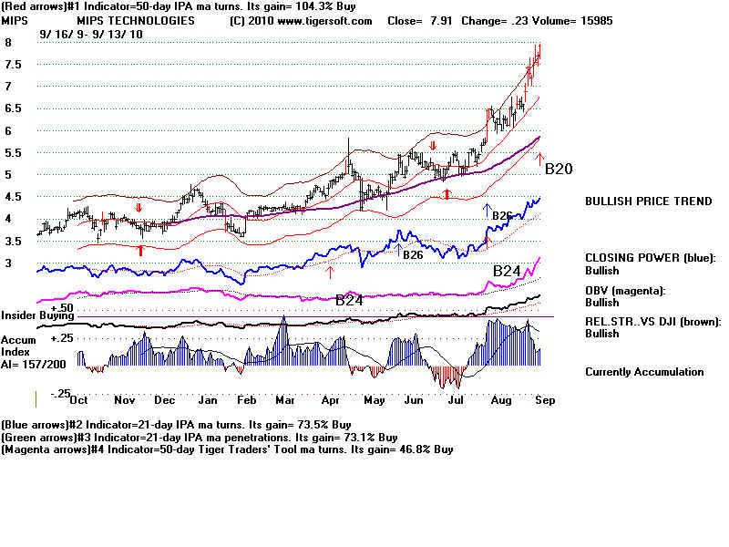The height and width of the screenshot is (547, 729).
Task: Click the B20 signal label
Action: tap(558, 169)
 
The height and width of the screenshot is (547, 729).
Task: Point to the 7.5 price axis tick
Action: tap(12, 64)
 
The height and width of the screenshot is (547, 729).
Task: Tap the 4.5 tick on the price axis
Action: tap(12, 196)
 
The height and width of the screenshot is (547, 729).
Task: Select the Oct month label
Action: tap(78, 400)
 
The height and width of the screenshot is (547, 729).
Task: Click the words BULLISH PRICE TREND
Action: tap(648, 201)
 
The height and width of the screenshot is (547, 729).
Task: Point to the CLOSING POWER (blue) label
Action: tap(651, 257)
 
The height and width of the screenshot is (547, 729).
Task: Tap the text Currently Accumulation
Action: tap(644, 372)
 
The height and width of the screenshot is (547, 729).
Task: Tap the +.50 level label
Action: tap(62, 308)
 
